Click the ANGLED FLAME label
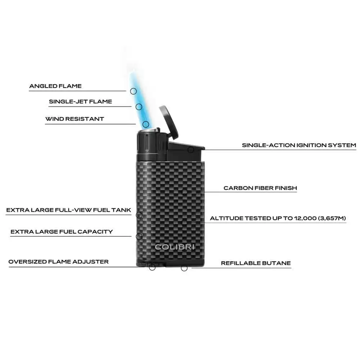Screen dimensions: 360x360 (55, 86)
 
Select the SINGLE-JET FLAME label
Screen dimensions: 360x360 (80, 102)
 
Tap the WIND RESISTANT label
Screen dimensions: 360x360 (75, 119)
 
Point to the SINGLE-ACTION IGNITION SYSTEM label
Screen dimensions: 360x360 (299, 145)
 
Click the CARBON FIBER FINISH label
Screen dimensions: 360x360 (260, 188)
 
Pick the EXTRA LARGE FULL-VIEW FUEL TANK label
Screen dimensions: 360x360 (69, 210)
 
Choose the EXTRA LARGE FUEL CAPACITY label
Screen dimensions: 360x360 (62, 231)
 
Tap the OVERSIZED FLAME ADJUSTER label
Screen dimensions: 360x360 (59, 262)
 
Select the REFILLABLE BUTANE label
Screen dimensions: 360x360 (256, 263)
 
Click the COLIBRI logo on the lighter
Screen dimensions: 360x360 (175, 247)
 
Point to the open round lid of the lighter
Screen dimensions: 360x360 (169, 122)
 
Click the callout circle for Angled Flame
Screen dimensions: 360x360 (134, 91)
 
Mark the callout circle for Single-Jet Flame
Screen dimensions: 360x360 (139, 107)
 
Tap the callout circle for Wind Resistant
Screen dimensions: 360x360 (146, 125)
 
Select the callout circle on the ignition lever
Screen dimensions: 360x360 (191, 150)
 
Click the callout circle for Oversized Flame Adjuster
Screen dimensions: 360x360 (152, 267)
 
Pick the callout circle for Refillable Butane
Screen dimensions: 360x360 (184, 268)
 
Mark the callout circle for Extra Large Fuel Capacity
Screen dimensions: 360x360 (139, 236)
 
